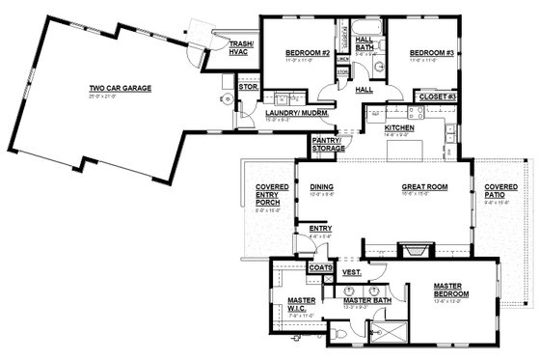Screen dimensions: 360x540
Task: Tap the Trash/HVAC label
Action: tap(239, 47)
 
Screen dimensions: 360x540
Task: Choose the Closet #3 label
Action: tap(435, 97)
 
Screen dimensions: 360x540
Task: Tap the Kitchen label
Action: tap(400, 127)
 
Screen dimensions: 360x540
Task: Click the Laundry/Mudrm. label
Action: tap(298, 114)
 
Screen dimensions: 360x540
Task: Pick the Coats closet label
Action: tap(321, 266)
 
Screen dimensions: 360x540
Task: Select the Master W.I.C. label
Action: tap(301, 305)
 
